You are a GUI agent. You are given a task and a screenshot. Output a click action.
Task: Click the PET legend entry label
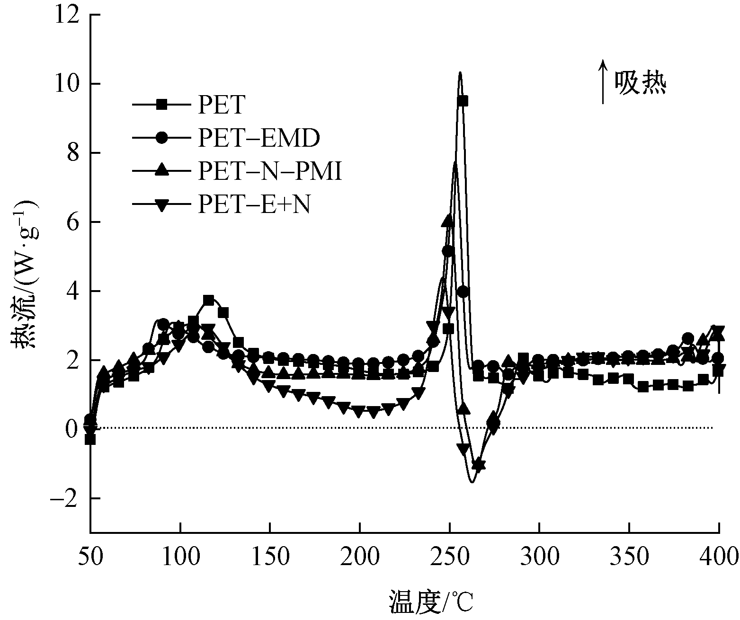click(x=220, y=105)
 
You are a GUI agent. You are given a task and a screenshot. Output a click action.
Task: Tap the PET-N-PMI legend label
click(x=269, y=172)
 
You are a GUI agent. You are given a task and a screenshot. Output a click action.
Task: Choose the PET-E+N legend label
click(x=254, y=205)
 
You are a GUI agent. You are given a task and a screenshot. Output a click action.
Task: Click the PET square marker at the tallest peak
click(x=463, y=101)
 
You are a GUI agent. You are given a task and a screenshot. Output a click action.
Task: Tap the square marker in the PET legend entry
click(x=162, y=105)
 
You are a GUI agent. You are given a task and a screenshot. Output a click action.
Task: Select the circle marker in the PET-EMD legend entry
click(x=162, y=138)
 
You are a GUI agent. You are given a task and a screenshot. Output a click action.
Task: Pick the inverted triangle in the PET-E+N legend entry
click(x=162, y=205)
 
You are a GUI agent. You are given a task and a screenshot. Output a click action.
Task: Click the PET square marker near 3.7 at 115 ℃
click(x=208, y=300)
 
